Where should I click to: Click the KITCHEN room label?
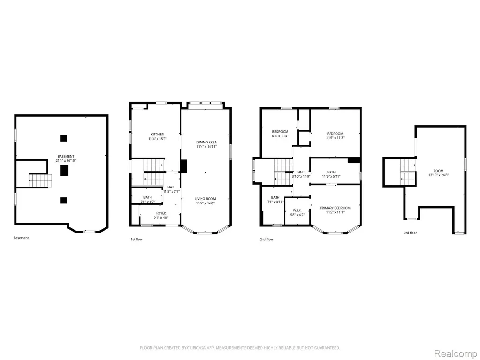click(157, 135)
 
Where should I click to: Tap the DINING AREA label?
click(206, 142)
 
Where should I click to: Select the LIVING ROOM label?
click(205, 199)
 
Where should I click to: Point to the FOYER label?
click(161, 213)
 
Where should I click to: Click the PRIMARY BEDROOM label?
click(335, 208)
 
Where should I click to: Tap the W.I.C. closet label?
click(297, 210)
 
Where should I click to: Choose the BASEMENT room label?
click(66, 156)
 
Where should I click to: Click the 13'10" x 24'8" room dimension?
click(438, 175)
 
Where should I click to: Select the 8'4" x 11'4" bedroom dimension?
click(280, 136)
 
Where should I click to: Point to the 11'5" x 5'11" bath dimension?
click(331, 176)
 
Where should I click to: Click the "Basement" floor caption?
click(21, 238)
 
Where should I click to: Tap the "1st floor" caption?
click(137, 240)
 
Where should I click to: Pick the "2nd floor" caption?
click(267, 240)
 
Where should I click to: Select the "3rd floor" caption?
click(410, 232)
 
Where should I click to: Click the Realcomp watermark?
click(456, 353)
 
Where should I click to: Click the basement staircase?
click(40, 180)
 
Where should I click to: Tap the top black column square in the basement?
click(63, 138)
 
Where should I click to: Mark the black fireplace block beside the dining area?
click(183, 166)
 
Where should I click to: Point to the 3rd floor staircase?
click(408, 172)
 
